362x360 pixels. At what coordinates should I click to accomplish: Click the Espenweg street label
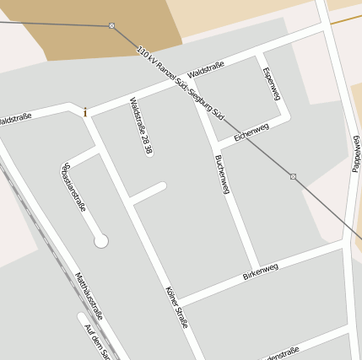(x=271, y=83)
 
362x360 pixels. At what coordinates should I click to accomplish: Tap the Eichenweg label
(x=251, y=132)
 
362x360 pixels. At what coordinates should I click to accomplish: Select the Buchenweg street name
(x=222, y=175)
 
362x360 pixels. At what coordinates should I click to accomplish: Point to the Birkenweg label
(x=260, y=271)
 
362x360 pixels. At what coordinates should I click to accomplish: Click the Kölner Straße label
(x=177, y=306)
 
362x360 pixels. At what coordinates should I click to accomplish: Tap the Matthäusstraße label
(x=89, y=295)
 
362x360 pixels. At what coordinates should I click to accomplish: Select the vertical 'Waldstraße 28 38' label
(x=141, y=126)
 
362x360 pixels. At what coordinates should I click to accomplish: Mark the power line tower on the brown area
(x=111, y=25)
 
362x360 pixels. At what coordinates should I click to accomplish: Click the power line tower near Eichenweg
(x=293, y=176)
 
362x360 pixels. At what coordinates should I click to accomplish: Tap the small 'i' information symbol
(x=84, y=110)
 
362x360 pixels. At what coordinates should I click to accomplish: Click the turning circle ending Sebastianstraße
(x=101, y=241)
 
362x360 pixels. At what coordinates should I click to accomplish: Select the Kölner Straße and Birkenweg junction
(x=176, y=301)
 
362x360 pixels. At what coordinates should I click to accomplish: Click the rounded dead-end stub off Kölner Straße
(x=160, y=186)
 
